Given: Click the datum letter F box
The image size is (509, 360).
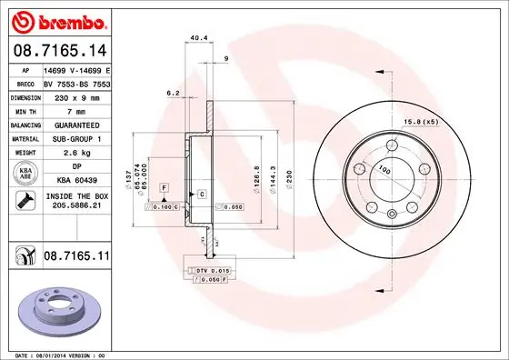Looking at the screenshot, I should pos(163,186).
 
